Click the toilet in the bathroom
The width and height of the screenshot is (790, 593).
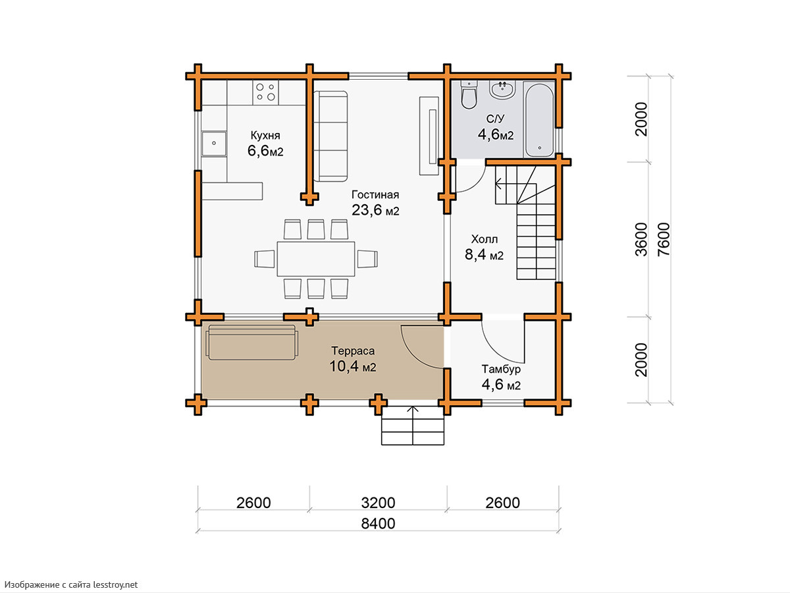tap(469, 95)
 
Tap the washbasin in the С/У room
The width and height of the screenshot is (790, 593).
tap(503, 90)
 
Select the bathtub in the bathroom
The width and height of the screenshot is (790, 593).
tap(539, 120)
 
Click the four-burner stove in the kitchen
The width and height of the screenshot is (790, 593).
tap(265, 92)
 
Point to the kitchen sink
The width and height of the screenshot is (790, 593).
tap(214, 143)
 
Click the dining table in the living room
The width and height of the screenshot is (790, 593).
tap(315, 259)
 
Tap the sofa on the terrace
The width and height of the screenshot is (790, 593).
tap(252, 343)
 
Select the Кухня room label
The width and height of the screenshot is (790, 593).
tap(265, 135)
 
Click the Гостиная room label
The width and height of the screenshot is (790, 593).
tap(375, 195)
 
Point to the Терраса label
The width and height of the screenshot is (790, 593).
tap(353, 351)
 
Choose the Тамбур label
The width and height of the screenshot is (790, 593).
tap(501, 369)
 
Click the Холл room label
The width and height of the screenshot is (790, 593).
tap(485, 239)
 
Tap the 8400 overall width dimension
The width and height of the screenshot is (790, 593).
tap(379, 524)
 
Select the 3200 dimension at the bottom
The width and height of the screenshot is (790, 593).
tap(379, 503)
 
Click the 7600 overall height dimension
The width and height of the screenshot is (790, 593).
tap(664, 239)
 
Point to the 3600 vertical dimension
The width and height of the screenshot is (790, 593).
tap(641, 239)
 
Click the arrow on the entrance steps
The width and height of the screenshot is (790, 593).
tap(413, 426)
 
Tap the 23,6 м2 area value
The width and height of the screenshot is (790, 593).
tap(375, 210)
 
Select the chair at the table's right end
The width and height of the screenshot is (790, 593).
tap(367, 259)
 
